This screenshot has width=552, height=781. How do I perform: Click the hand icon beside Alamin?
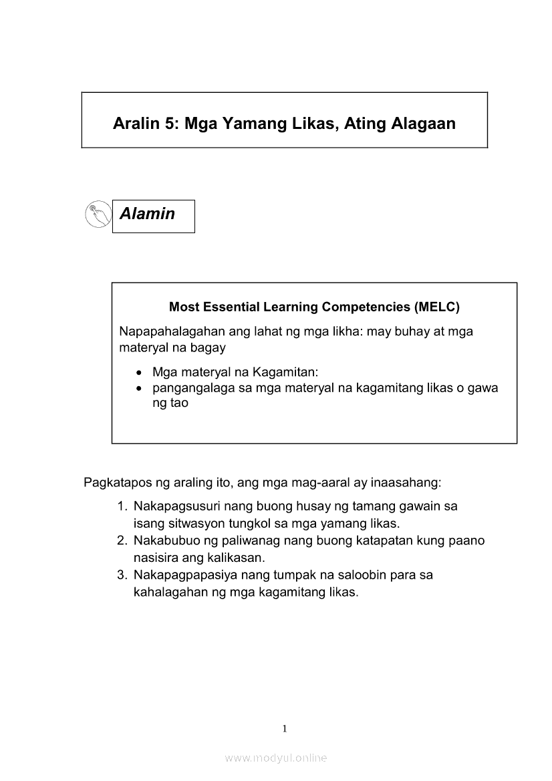pyautogui.click(x=98, y=214)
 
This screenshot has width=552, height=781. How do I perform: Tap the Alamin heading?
pyautogui.click(x=147, y=214)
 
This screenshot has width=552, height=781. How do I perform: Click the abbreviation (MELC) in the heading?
pyautogui.click(x=436, y=307)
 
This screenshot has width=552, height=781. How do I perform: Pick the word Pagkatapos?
pyautogui.click(x=116, y=482)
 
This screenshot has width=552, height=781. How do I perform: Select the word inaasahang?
pyautogui.click(x=402, y=482)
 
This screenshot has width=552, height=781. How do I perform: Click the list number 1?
pyautogui.click(x=122, y=506)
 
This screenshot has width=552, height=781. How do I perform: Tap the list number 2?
pyautogui.click(x=122, y=540)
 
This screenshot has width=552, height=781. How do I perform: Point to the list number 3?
pyautogui.click(x=122, y=575)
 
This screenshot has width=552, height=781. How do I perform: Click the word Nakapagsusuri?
pyautogui.click(x=176, y=506)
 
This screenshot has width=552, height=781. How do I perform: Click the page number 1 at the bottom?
pyautogui.click(x=285, y=728)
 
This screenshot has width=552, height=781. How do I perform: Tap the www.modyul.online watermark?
pyautogui.click(x=276, y=758)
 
